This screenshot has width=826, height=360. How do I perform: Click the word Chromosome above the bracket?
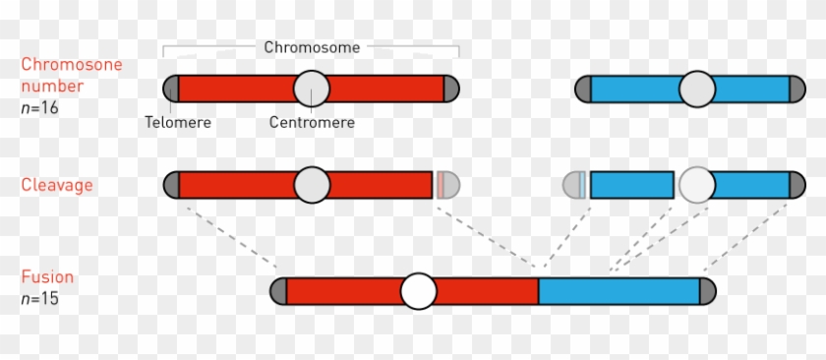312,46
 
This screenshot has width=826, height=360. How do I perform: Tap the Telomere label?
178,123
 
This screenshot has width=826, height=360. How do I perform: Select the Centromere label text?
312,123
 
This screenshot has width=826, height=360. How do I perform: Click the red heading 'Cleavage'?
56,185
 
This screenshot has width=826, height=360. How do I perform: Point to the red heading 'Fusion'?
48,277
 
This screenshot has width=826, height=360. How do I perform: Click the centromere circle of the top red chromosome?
312,89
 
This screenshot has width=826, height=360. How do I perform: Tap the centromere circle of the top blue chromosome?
697,89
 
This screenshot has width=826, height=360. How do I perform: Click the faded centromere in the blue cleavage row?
697,185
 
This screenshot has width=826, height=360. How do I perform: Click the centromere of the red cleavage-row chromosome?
312,185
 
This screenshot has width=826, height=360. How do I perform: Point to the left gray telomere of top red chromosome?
170,89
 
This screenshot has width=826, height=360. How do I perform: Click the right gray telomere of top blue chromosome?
796,89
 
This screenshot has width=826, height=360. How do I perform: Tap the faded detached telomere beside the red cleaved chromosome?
448,185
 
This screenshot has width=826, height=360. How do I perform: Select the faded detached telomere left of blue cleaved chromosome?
573,185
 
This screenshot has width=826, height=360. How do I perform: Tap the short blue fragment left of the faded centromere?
631,185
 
